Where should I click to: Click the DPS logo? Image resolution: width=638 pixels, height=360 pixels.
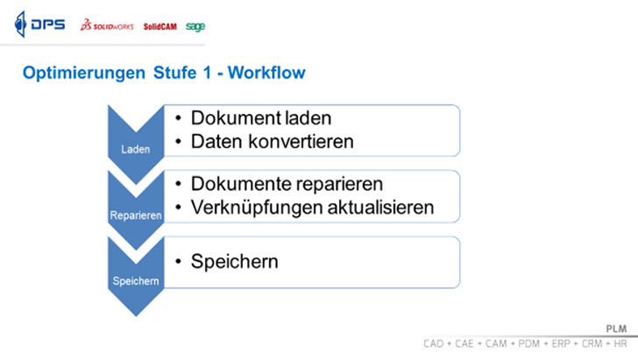pos(40,25)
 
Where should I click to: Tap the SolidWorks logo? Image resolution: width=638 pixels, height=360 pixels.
pos(107,25)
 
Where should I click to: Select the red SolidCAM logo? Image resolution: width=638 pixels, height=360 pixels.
pos(159,26)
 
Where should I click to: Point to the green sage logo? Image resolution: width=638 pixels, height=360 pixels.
pos(195,27)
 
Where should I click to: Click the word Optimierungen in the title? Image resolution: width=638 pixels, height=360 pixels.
pos(84,74)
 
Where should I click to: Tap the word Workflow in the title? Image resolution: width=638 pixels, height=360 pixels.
pos(266,73)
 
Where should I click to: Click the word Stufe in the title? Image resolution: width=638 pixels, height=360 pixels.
pos(175,73)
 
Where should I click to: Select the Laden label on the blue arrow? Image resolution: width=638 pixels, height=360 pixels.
pos(136,149)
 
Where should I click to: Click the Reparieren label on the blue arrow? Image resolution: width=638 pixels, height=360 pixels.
pos(136,215)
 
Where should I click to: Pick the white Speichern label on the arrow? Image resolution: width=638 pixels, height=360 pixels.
pos(136,281)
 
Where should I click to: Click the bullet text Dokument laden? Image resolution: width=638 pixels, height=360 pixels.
pos(261,118)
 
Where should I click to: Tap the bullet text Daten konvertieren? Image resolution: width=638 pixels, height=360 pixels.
pos(273,142)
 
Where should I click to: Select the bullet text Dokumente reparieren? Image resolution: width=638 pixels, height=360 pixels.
pos(287,184)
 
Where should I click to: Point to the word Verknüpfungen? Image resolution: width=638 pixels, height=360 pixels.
pos(257,208)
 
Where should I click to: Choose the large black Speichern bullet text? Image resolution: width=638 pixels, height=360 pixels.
pos(234,262)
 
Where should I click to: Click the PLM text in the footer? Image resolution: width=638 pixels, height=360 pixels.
pos(616,328)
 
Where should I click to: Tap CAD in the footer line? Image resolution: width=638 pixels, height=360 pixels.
pos(433,343)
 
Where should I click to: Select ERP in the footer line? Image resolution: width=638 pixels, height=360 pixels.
pos(561,343)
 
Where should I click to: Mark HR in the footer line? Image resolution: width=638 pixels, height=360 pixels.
pos(620,343)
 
